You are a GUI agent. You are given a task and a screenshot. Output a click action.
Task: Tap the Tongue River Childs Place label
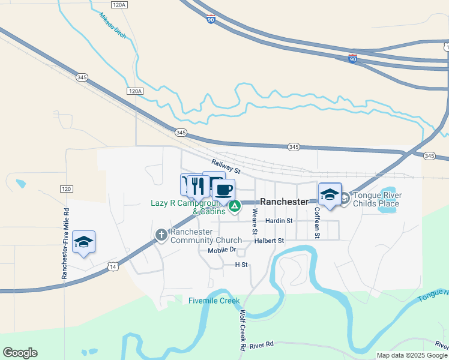[x=376, y=199]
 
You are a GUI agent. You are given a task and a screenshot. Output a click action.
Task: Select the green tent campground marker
[x=235, y=207]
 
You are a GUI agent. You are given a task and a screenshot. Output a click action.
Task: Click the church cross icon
[x=161, y=235]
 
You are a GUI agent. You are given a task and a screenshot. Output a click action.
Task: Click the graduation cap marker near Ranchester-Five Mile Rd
[x=83, y=242]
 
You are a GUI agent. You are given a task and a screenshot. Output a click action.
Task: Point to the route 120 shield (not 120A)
[x=66, y=189]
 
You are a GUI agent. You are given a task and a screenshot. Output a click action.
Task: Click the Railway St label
[x=226, y=166]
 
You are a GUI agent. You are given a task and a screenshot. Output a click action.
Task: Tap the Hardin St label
[x=279, y=221]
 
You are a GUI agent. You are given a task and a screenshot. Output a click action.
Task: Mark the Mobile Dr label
[x=222, y=250]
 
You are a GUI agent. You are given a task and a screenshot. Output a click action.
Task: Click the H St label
[x=241, y=264]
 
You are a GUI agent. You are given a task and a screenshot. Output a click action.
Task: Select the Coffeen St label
[x=317, y=222]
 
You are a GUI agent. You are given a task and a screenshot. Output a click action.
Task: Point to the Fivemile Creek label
[x=214, y=301]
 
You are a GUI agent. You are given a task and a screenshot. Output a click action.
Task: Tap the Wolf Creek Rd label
[x=243, y=331]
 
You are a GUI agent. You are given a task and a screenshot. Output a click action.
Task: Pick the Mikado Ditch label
[x=113, y=26]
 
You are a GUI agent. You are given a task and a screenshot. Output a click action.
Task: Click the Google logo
[x=20, y=352]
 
